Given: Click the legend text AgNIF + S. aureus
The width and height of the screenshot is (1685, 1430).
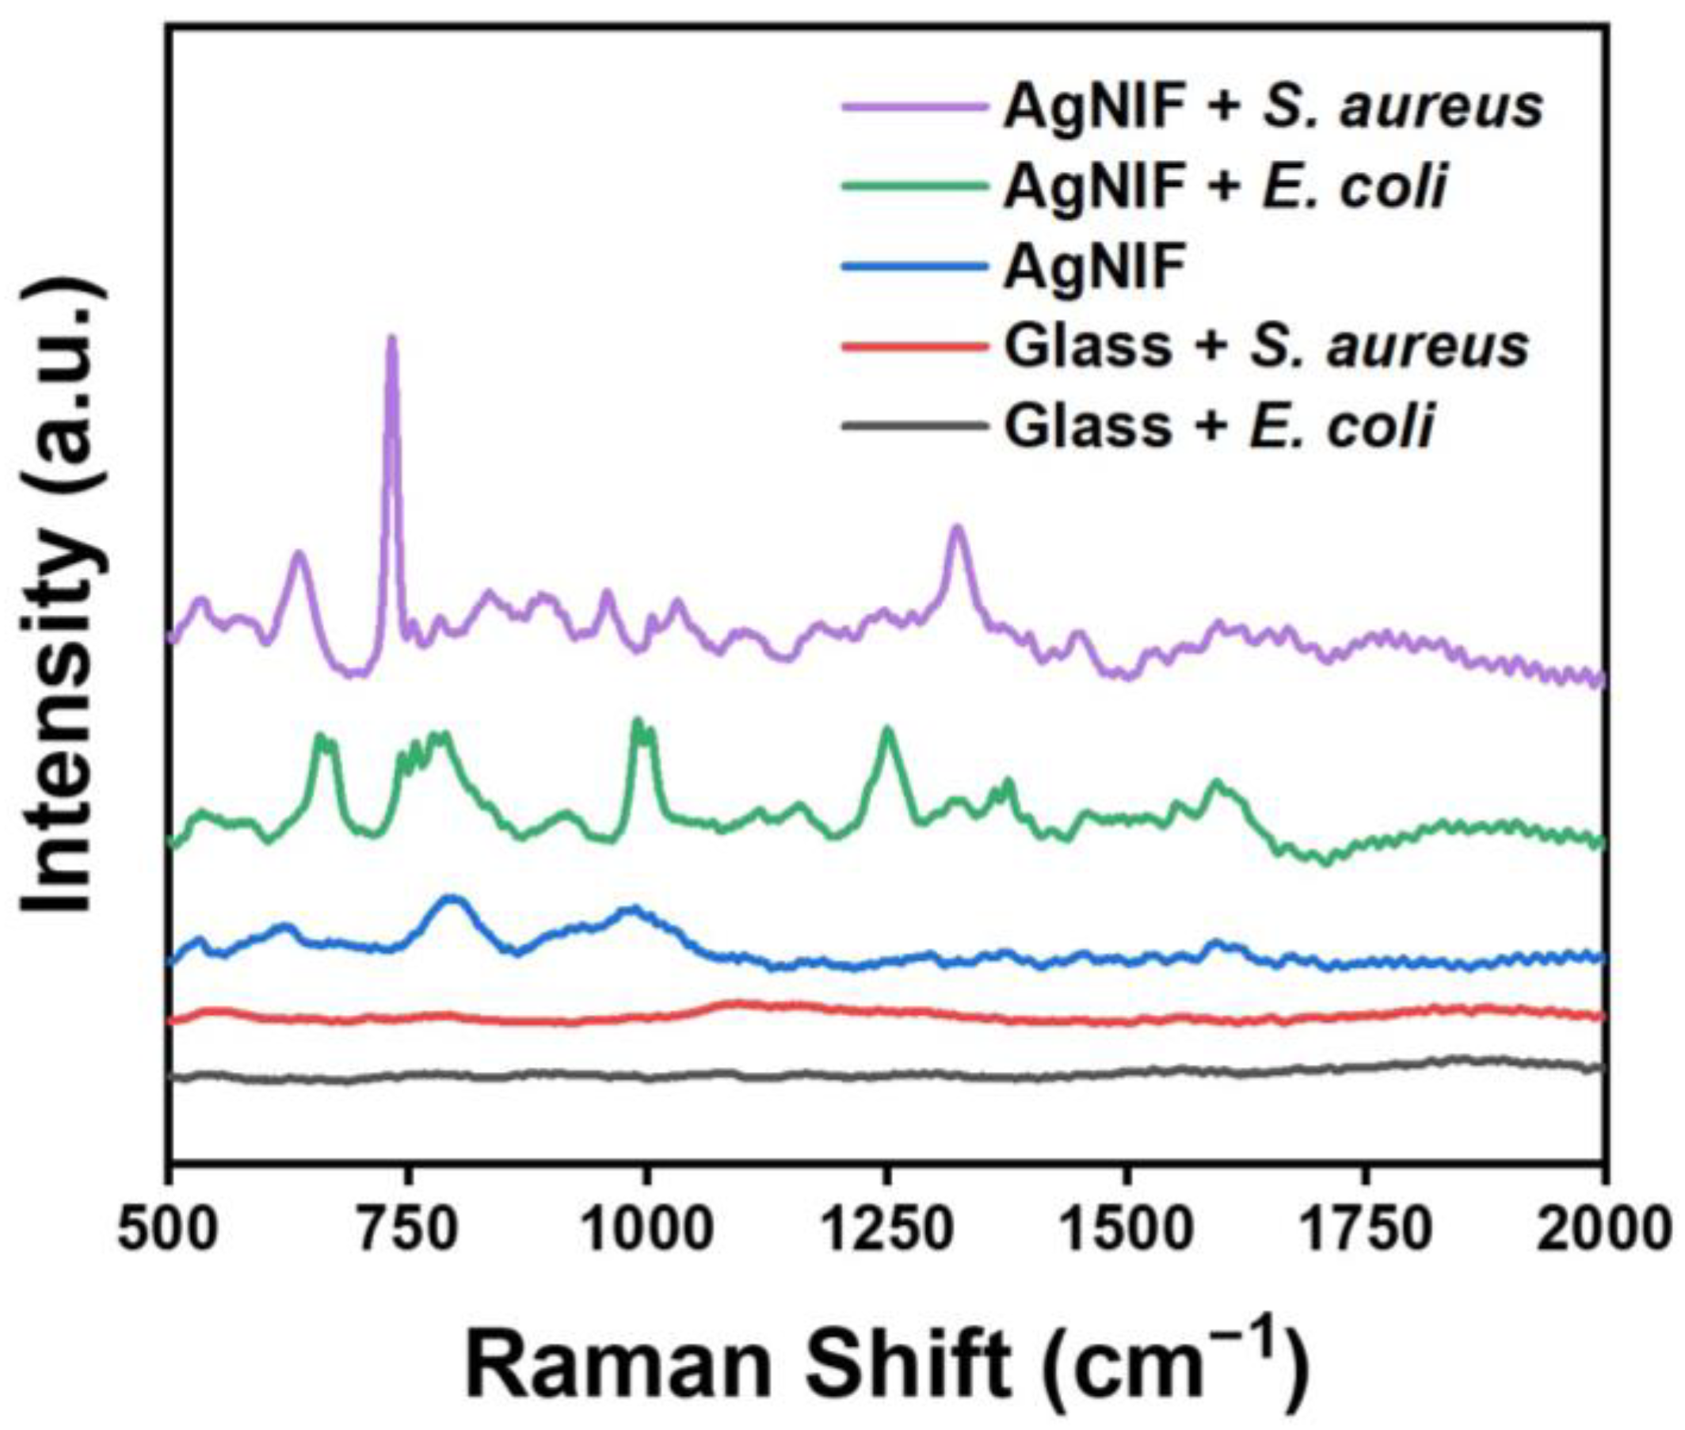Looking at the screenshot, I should click(x=1272, y=108).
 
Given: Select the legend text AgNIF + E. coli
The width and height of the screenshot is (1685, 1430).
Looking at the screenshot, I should click(x=1224, y=187).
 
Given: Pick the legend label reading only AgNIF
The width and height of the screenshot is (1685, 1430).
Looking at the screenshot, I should click(x=1094, y=267).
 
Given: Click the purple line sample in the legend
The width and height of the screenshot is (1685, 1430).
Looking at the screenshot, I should click(x=916, y=108).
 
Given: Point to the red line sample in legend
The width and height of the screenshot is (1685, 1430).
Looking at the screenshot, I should click(x=916, y=346).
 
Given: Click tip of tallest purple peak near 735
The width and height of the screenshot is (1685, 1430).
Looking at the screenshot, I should click(x=392, y=339).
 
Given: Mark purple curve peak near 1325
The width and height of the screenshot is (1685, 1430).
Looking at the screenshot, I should click(x=957, y=528).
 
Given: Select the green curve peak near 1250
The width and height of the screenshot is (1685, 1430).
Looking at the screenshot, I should click(x=888, y=730).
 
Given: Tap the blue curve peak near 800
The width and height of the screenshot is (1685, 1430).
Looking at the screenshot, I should click(x=452, y=898).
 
